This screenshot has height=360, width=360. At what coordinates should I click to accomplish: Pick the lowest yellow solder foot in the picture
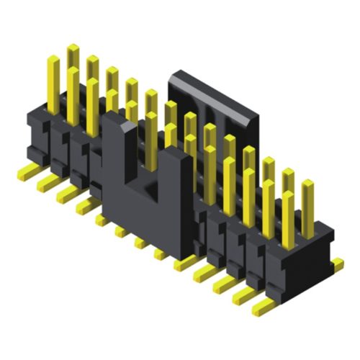(263, 307)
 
